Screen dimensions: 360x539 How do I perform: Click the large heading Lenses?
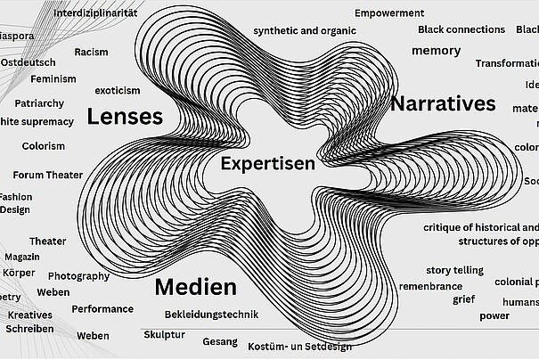pyautogui.click(x=125, y=117)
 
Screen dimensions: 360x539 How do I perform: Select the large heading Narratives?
pyautogui.click(x=443, y=103)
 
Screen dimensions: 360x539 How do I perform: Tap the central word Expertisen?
pyautogui.click(x=267, y=164)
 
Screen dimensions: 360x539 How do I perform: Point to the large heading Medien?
pyautogui.click(x=195, y=287)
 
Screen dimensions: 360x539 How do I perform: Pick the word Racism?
pyautogui.click(x=91, y=52)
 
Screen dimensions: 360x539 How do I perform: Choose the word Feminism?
pyautogui.click(x=53, y=79)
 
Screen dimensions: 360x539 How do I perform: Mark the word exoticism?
pyautogui.click(x=118, y=90)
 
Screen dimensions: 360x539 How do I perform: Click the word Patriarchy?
pyautogui.click(x=39, y=103)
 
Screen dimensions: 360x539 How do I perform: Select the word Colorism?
pyautogui.click(x=44, y=145)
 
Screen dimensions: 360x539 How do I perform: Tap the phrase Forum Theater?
pyautogui.click(x=48, y=175)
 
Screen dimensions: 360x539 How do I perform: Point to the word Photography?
pyautogui.click(x=78, y=276)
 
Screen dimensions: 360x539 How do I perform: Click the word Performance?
pyautogui.click(x=102, y=309)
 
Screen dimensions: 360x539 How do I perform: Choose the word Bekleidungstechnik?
pyautogui.click(x=211, y=315)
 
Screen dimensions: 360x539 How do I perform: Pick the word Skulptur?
pyautogui.click(x=164, y=334)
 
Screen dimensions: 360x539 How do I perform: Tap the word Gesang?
pyautogui.click(x=220, y=341)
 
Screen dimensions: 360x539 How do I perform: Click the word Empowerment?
pyautogui.click(x=389, y=13)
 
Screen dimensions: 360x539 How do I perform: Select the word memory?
pyautogui.click(x=436, y=51)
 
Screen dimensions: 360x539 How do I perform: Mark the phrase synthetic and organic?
pyautogui.click(x=298, y=30)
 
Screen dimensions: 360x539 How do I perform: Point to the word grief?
pyautogui.click(x=463, y=299)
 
